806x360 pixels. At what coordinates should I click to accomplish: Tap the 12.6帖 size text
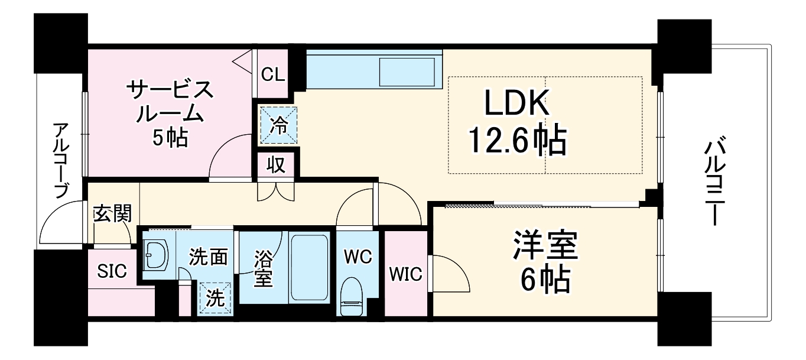(x=517, y=140)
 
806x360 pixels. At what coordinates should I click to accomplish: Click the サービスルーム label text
(x=169, y=102)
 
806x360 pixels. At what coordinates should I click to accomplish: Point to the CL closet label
(x=273, y=74)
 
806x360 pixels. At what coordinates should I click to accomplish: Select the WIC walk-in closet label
(x=406, y=274)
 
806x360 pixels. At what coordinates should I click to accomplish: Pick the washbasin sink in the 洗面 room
(x=157, y=256)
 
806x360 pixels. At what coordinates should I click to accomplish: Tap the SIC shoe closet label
(x=112, y=271)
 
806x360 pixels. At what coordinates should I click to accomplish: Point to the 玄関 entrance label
(x=112, y=213)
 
